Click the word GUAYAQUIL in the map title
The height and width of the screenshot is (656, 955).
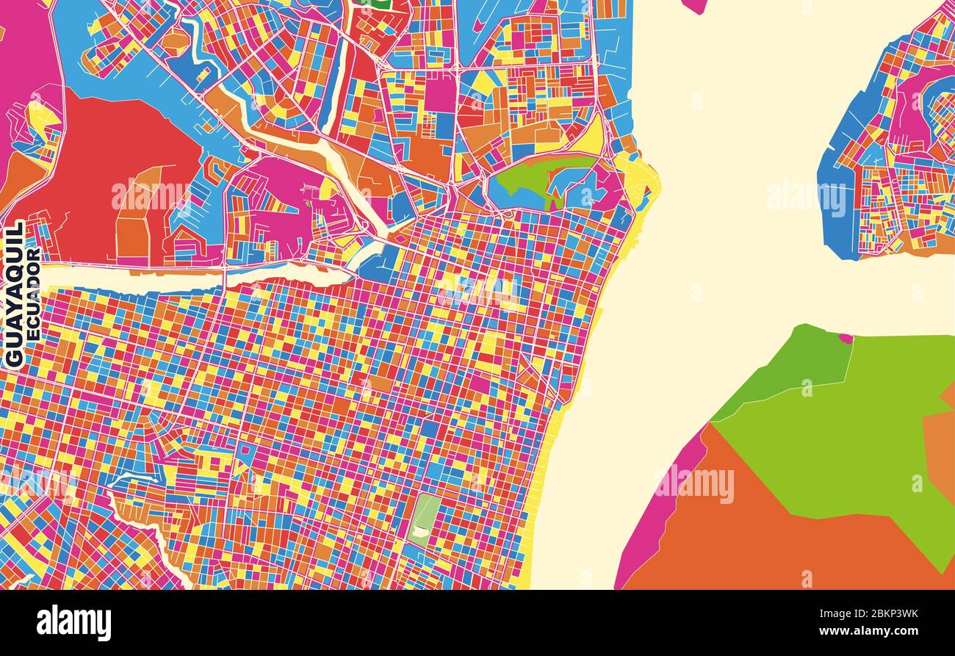pyautogui.click(x=14, y=294)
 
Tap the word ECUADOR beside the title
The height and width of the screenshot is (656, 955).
pyautogui.click(x=33, y=294)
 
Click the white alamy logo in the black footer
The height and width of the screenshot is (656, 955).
pyautogui.click(x=73, y=622)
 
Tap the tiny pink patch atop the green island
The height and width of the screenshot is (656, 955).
pyautogui.click(x=846, y=339)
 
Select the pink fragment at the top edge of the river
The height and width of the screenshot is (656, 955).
pyautogui.click(x=694, y=6)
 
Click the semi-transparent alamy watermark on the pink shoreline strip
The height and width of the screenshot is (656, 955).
pyautogui.click(x=694, y=485)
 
